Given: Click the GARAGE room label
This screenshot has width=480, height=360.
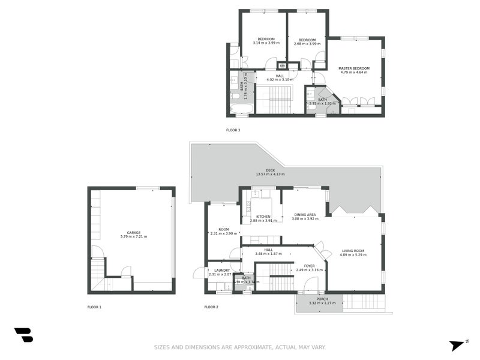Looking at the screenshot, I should click(133, 232).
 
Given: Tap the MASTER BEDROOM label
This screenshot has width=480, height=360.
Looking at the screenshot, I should click(353, 68).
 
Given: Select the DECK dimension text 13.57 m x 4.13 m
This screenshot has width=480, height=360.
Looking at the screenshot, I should click(270, 174).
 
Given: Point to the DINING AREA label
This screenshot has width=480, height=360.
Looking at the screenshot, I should click(304, 214).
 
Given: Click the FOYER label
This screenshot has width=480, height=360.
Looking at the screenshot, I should click(309, 266).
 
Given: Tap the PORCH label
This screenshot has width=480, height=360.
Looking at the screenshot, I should click(322, 298).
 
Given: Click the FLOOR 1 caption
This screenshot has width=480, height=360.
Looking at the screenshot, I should click(94, 307).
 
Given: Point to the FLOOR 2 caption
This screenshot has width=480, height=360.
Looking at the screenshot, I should click(211, 307).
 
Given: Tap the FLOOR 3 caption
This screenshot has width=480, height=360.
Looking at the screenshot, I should click(233, 130).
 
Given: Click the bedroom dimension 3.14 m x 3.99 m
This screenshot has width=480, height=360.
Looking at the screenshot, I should click(262, 43).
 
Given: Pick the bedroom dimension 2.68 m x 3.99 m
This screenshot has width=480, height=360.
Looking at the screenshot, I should click(307, 44).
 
